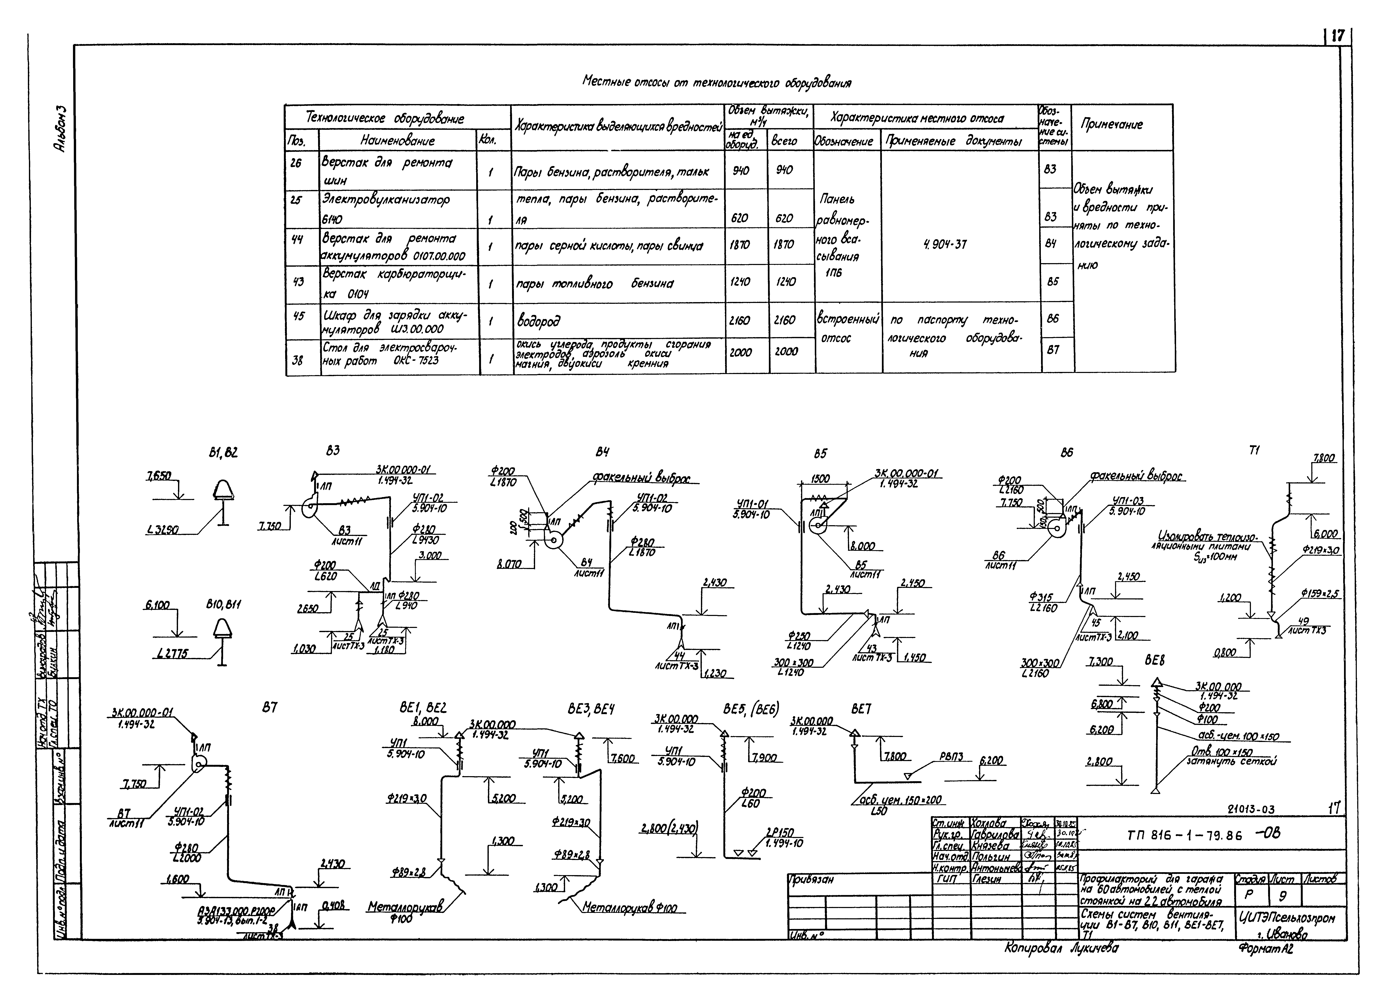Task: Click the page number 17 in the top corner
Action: click(x=1338, y=36)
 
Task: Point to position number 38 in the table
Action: click(x=297, y=360)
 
